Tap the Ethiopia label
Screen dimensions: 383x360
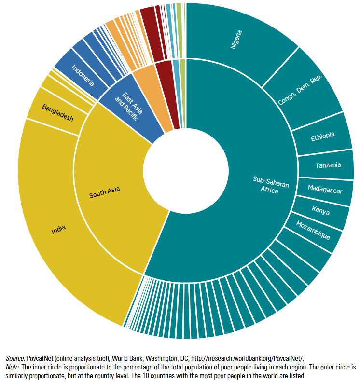323,137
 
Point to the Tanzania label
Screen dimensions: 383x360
328,165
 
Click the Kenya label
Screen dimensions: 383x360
320,210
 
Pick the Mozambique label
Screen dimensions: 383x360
313,230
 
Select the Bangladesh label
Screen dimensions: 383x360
57,112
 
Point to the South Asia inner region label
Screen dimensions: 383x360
104,192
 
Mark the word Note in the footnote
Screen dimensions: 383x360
14,367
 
